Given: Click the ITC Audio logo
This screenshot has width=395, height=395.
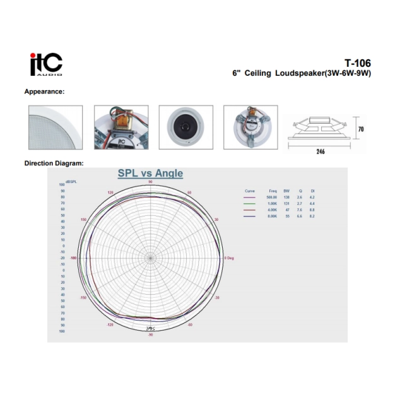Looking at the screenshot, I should click(47, 64).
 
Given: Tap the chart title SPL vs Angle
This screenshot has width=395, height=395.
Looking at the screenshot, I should click(150, 174).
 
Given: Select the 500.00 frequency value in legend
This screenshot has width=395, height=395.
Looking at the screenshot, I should click(273, 197).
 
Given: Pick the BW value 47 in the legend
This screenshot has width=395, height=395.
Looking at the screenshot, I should click(286, 210).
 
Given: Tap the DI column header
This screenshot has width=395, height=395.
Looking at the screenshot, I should click(312, 190).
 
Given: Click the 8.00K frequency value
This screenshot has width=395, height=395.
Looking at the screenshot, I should click(273, 216).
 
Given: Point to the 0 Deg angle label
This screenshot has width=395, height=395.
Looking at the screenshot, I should click(230, 258).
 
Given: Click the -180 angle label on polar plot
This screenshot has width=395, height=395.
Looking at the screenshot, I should click(73, 258).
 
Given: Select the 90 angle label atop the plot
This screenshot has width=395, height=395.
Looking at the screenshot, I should click(150, 182).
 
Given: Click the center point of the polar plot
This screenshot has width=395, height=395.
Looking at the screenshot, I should click(150, 257).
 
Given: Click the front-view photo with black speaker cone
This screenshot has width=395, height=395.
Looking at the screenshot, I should click(186, 127).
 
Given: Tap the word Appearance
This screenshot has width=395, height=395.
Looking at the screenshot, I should click(44, 92).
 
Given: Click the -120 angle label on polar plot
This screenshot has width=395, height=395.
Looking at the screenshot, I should click(110, 324).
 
